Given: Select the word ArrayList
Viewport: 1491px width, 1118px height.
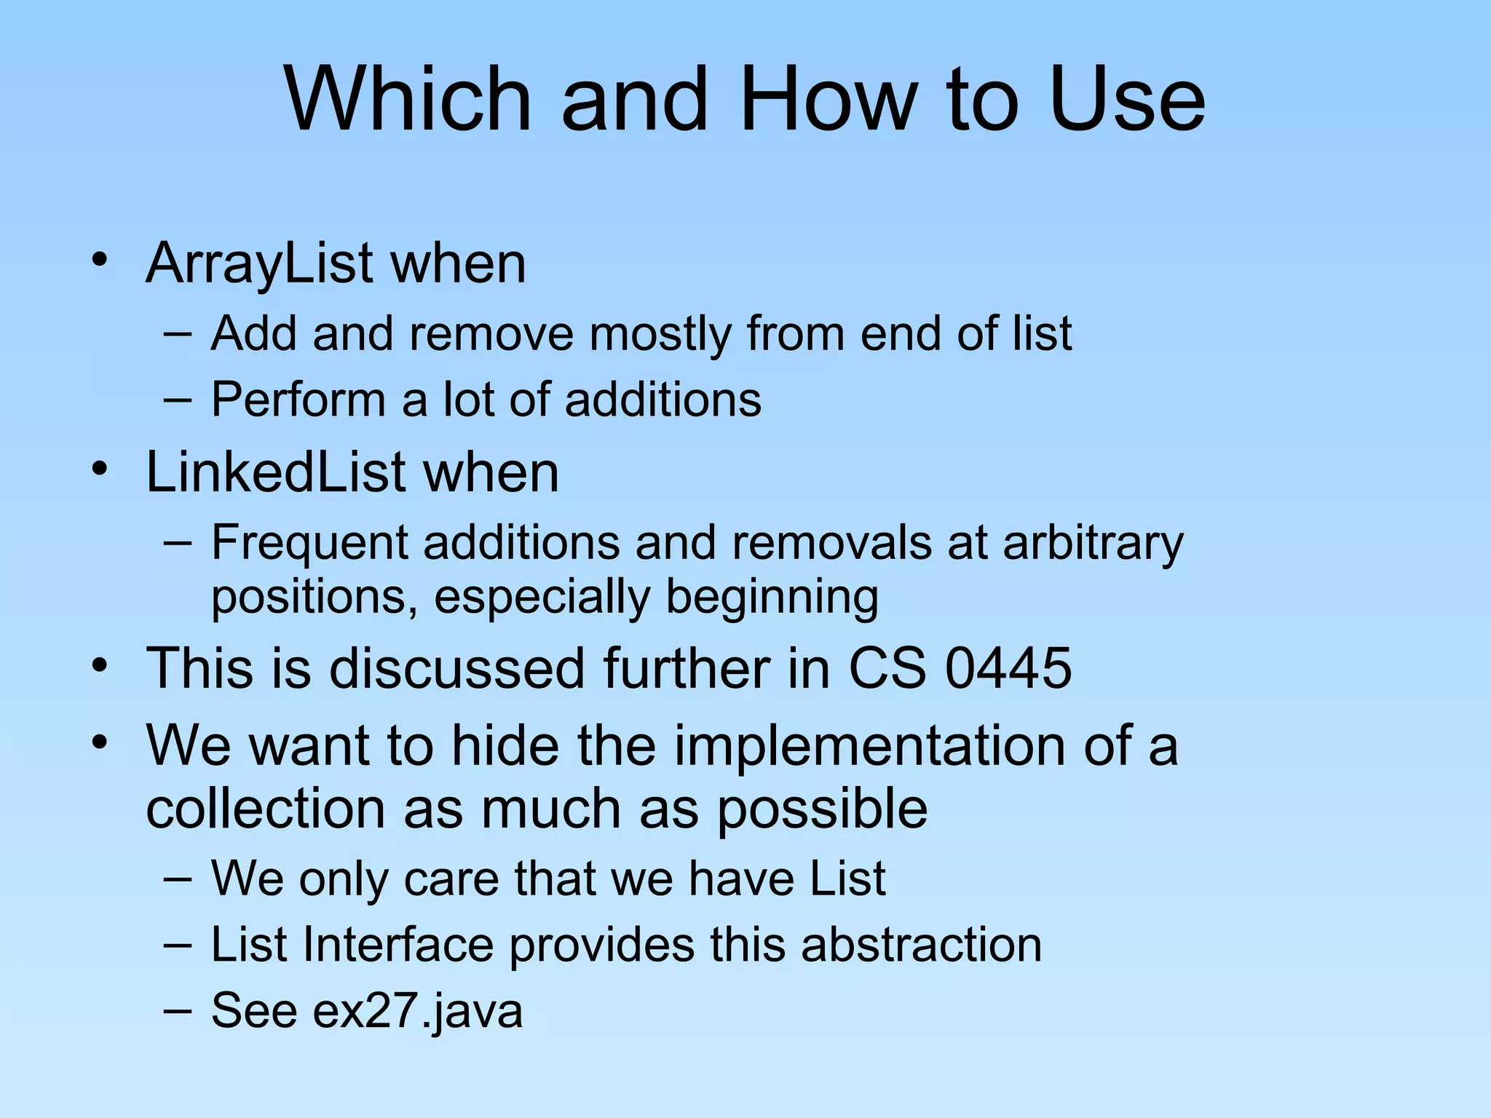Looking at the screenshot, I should (x=260, y=263).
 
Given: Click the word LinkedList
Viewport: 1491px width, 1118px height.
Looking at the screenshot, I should (x=276, y=472).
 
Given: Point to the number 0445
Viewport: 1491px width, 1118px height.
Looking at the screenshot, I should (x=1008, y=668).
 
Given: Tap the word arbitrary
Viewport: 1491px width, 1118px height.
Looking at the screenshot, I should (x=1093, y=544).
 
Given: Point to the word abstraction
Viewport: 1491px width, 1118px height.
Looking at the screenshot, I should (x=921, y=945).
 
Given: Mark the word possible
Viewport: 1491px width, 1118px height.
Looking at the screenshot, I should (x=822, y=809).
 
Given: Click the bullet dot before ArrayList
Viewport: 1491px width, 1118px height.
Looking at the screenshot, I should (x=100, y=260).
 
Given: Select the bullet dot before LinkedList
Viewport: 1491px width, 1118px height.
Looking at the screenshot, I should (x=100, y=469).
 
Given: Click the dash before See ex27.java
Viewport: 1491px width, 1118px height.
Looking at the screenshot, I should (x=178, y=1010).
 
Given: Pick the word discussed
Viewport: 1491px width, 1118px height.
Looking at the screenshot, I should (x=456, y=668).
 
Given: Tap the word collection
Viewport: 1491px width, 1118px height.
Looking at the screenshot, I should (x=265, y=809).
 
